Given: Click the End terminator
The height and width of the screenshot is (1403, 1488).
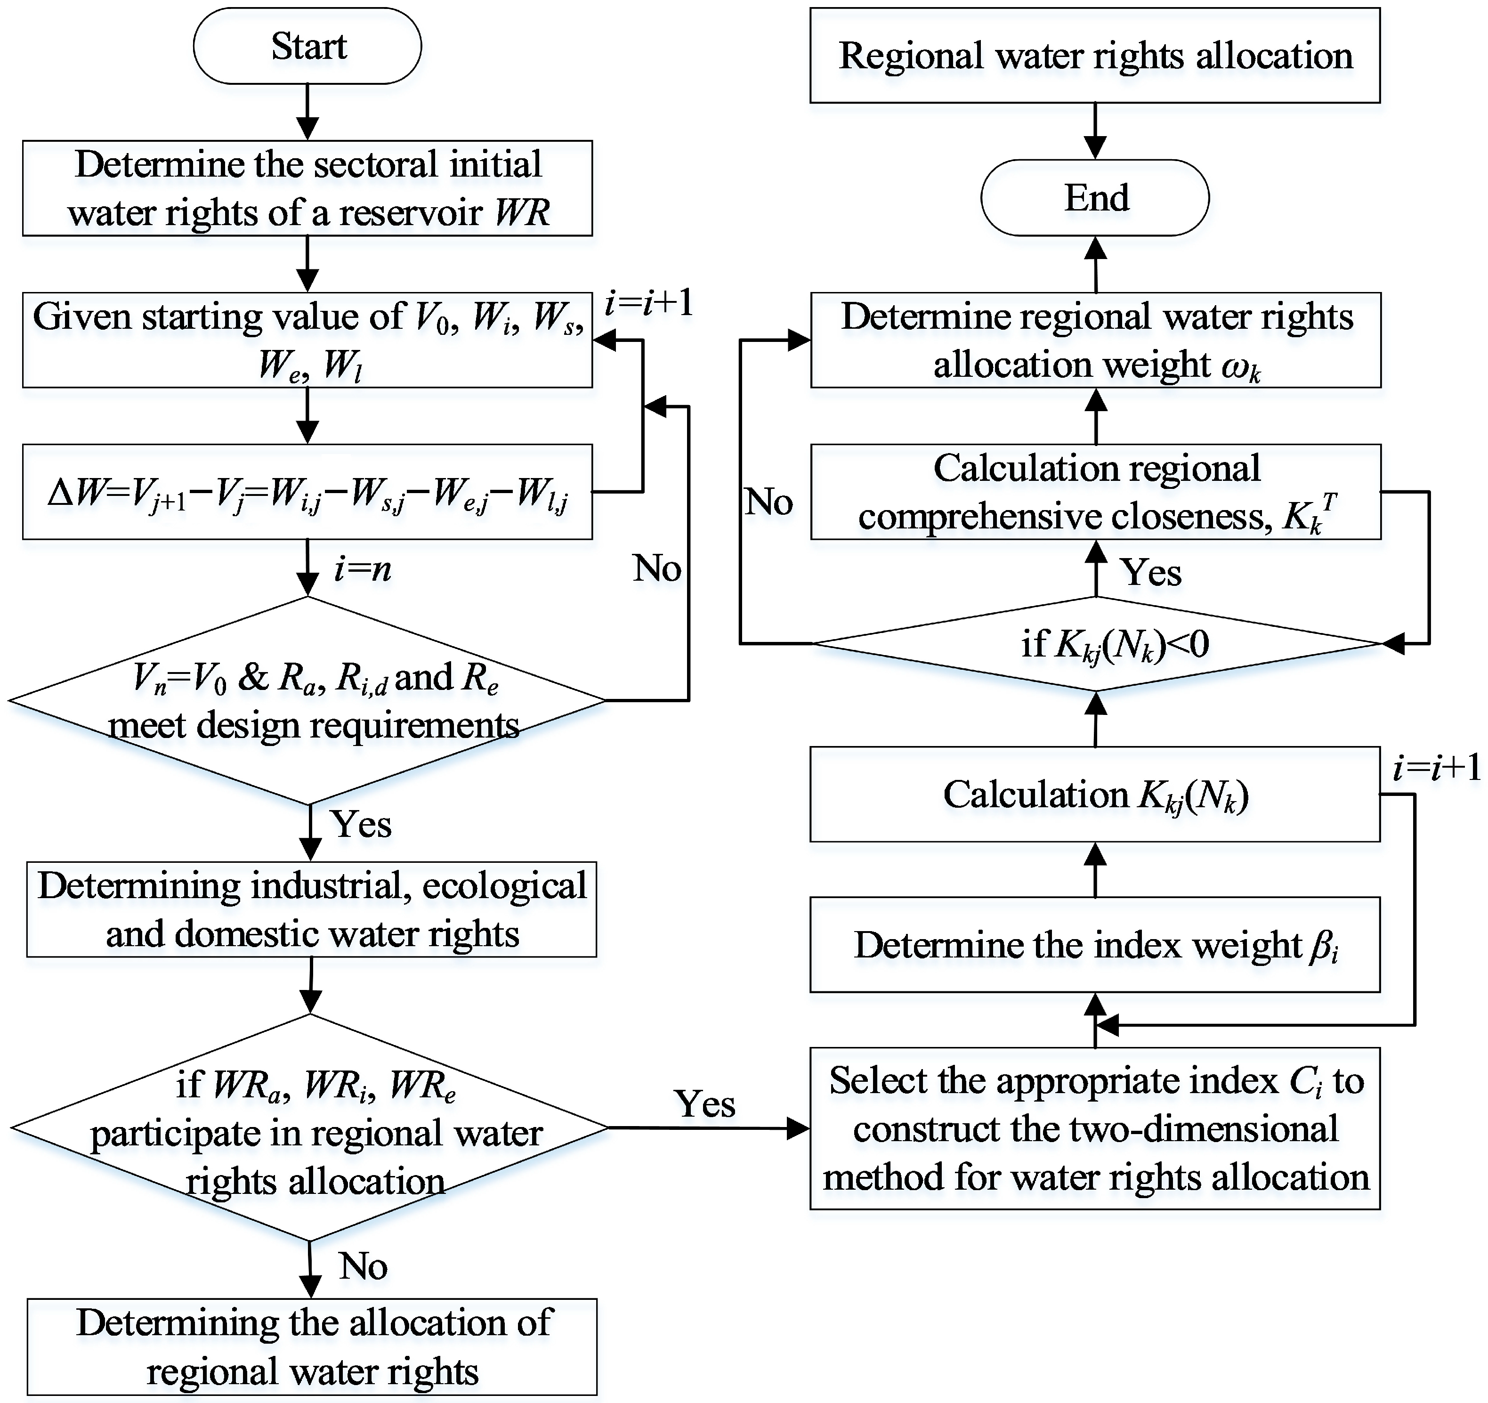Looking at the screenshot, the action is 1095,198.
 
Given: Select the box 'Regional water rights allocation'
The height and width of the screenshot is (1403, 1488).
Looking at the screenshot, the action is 1095,56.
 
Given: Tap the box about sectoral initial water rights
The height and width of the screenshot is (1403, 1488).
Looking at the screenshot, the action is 307,188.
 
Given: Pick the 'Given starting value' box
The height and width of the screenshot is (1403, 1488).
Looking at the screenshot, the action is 307,340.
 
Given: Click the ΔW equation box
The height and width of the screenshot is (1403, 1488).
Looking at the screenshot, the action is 307,492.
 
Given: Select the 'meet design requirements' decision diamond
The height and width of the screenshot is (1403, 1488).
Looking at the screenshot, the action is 307,701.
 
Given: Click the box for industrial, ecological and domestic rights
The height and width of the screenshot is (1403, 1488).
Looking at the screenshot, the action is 311,909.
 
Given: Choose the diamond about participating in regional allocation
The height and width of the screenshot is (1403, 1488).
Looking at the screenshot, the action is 310,1127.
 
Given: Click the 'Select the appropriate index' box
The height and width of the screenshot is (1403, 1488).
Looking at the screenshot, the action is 1095,1128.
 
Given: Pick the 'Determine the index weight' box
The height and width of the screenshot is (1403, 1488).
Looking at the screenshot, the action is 1095,945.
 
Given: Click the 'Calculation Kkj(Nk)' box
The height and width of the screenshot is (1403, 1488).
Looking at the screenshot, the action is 1095,795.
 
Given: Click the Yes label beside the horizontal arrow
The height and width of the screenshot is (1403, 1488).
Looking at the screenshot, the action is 704,1103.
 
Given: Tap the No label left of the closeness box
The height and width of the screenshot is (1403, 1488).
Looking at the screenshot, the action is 768,502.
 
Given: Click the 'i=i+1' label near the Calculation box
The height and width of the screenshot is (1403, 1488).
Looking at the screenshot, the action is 1436,768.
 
